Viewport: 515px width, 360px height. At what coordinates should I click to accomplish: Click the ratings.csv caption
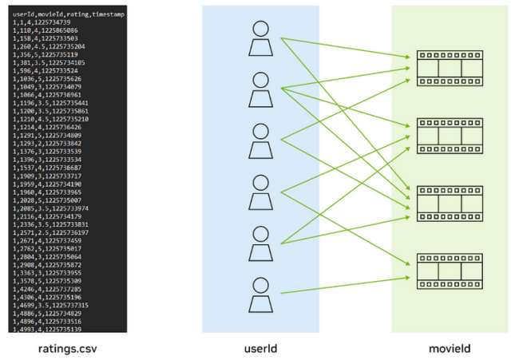[67, 348]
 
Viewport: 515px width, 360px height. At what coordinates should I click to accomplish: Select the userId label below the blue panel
[260, 348]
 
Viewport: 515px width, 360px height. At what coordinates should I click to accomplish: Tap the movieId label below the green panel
[450, 348]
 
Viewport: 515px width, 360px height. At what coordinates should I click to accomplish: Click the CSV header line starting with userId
[69, 15]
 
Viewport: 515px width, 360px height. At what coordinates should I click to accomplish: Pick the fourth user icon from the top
[260, 192]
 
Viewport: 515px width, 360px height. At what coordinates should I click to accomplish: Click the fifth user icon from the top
[260, 243]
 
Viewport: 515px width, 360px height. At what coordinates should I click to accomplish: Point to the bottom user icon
[260, 295]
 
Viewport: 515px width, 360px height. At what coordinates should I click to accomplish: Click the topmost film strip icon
[450, 68]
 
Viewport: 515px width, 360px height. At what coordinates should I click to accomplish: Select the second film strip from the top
[450, 135]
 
